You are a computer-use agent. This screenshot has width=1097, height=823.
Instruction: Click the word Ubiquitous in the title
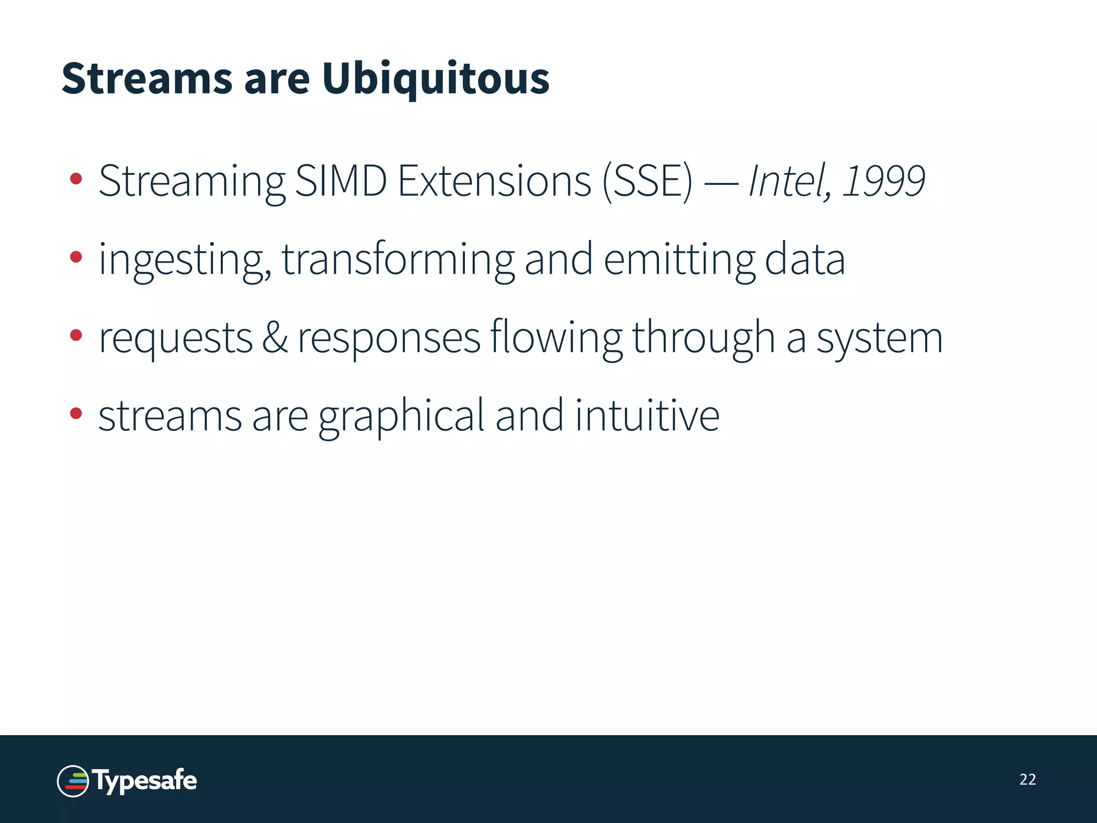pos(435,79)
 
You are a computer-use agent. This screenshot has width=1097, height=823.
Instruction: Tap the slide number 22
pos(1027,780)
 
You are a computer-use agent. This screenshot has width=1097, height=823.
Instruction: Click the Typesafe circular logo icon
pos(73,781)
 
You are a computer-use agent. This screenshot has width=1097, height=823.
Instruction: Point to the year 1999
pos(884,181)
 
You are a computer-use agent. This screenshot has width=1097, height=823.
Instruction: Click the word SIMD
pos(341,181)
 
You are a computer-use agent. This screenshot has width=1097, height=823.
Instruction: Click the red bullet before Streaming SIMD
pos(76,179)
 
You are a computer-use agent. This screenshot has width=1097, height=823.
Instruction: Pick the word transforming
pos(397,260)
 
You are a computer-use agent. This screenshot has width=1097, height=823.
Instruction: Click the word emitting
pos(679,260)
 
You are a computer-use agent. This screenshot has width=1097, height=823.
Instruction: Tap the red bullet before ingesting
pos(76,257)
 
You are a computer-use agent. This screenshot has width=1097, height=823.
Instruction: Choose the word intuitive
pos(647,416)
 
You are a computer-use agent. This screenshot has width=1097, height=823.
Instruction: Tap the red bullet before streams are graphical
pos(76,414)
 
